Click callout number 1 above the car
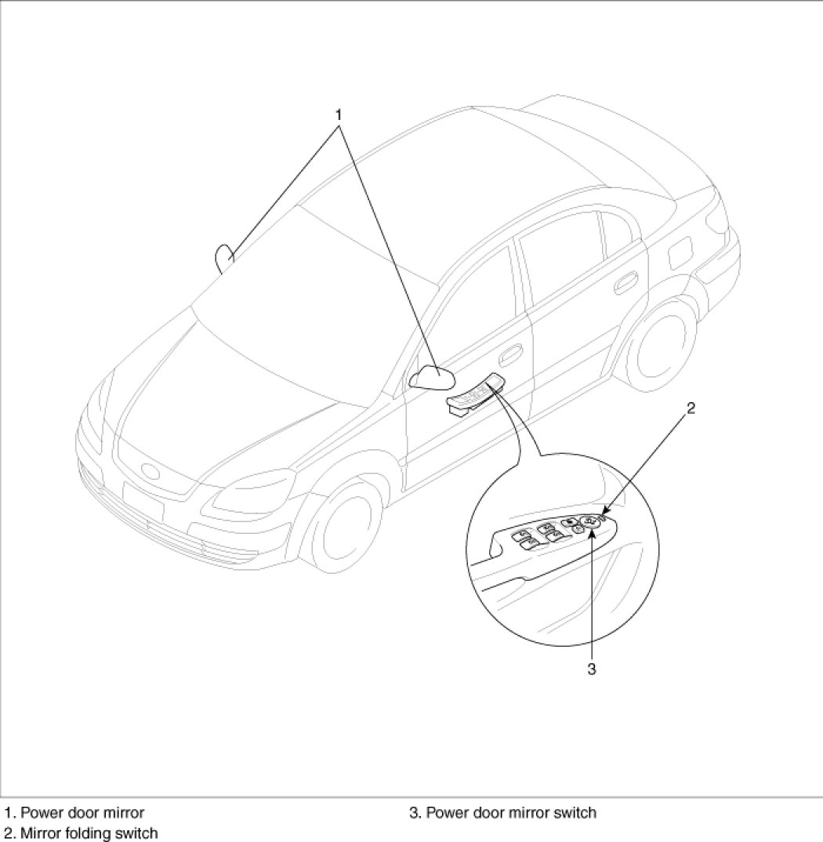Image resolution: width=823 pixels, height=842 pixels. [x=339, y=115]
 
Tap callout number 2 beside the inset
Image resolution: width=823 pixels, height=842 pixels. [x=691, y=408]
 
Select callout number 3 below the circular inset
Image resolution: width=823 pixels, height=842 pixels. [x=591, y=669]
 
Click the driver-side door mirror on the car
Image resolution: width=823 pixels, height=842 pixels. [x=432, y=376]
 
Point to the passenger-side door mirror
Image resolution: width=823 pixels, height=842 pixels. [x=225, y=259]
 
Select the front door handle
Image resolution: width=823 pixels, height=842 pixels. [x=510, y=353]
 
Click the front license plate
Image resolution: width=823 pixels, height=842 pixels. [x=143, y=499]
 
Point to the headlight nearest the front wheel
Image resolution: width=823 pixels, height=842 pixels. [x=252, y=492]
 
